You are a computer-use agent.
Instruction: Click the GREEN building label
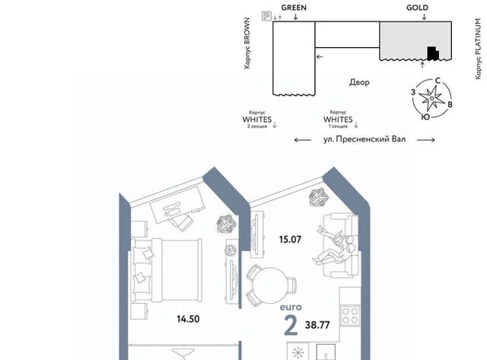294,8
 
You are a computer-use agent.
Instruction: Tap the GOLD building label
417,8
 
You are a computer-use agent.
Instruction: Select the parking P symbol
266,16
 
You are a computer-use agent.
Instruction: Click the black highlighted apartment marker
433,53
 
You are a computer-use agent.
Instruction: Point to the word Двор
359,82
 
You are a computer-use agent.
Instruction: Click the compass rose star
431,98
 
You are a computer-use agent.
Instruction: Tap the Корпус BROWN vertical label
247,43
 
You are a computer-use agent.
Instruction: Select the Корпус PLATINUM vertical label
479,49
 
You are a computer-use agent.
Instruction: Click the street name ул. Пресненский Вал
364,139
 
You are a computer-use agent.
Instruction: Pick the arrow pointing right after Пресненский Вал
425,140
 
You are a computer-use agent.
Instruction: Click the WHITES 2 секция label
257,119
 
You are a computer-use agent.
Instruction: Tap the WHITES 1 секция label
338,119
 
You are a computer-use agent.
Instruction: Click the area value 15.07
290,240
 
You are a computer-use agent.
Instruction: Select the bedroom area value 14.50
188,319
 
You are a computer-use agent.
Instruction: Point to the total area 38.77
317,325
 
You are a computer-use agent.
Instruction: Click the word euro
291,307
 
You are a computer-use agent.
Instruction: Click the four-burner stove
351,316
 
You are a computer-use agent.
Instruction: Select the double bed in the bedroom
167,270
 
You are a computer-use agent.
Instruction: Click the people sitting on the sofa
336,245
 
